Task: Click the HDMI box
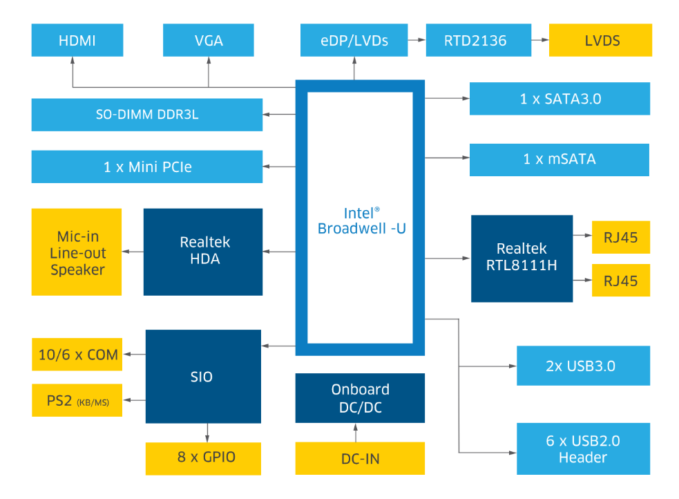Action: tap(77, 40)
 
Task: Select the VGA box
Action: tap(209, 40)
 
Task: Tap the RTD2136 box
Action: tap(479, 40)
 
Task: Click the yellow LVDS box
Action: tap(601, 40)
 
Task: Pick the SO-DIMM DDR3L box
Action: tap(147, 115)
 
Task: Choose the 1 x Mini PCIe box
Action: tap(147, 167)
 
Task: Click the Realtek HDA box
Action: tap(202, 252)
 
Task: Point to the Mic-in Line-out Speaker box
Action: tap(77, 252)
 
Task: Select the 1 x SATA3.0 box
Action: tap(560, 99)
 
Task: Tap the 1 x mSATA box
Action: tap(559, 160)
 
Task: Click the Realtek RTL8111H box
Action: tap(522, 258)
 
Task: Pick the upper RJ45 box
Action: tap(621, 237)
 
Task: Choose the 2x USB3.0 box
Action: tap(583, 366)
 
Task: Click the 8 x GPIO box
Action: tap(203, 459)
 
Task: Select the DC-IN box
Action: tap(360, 458)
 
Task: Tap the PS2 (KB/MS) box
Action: tap(77, 400)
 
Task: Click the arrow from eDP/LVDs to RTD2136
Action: tap(417, 40)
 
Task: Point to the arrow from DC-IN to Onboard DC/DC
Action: tap(356, 433)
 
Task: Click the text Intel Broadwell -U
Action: tap(361, 221)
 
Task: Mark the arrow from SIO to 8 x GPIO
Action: tap(207, 433)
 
